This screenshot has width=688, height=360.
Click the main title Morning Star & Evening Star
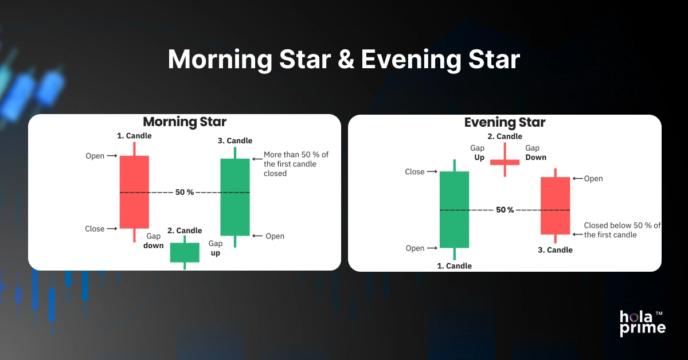pyautogui.click(x=343, y=60)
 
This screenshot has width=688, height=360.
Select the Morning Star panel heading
pyautogui.click(x=185, y=122)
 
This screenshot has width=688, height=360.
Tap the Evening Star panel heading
pyautogui.click(x=505, y=122)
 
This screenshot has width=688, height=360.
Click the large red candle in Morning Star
pyautogui.click(x=134, y=191)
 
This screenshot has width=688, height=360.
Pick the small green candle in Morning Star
pyautogui.click(x=185, y=252)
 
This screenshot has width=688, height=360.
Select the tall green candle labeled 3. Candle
pyautogui.click(x=235, y=197)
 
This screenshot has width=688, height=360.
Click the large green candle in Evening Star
pyautogui.click(x=454, y=209)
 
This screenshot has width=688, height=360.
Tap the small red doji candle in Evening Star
pyautogui.click(x=505, y=162)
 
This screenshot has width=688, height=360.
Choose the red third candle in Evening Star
pyautogui.click(x=555, y=205)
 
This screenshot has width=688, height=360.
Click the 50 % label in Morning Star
pyautogui.click(x=185, y=193)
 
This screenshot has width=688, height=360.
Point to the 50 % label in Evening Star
pyautogui.click(x=505, y=210)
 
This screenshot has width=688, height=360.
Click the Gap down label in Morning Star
pyautogui.click(x=154, y=241)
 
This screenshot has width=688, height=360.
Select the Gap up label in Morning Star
pyautogui.click(x=215, y=248)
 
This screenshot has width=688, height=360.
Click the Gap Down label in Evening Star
pyautogui.click(x=535, y=152)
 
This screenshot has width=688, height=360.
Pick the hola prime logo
pyautogui.click(x=642, y=323)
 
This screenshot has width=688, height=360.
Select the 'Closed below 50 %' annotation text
pyautogui.click(x=621, y=230)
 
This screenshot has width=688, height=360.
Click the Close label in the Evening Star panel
pyautogui.click(x=415, y=172)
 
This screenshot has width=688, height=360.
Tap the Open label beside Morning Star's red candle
pyautogui.click(x=95, y=156)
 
